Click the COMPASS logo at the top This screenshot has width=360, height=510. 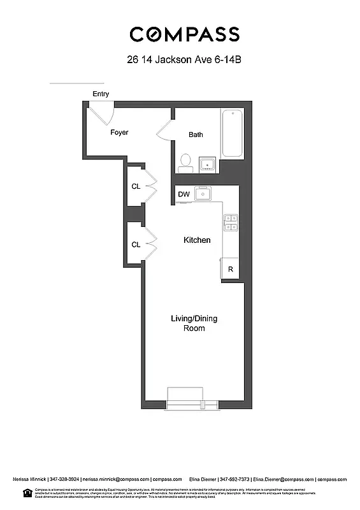[185, 34]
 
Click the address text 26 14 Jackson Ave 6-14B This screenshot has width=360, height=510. [185, 61]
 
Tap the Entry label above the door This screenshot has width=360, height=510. [101, 94]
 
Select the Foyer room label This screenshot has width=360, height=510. [119, 133]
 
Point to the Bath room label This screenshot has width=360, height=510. [196, 135]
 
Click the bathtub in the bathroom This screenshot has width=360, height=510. [232, 134]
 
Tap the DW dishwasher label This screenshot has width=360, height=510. [184, 194]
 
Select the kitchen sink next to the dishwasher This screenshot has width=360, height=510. [203, 194]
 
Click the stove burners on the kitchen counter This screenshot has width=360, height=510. [231, 222]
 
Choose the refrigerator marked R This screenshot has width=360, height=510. [230, 269]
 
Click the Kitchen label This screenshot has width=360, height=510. [197, 240]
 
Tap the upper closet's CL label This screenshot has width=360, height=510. [136, 187]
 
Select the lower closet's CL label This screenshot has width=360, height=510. [136, 244]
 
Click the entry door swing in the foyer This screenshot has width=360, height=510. [101, 114]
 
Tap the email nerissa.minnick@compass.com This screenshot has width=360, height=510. [115, 479]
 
